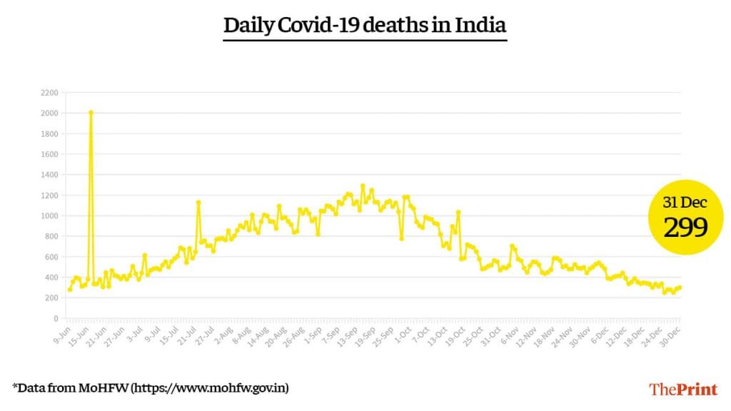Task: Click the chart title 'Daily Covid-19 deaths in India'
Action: (365, 26)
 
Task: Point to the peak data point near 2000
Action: (91, 113)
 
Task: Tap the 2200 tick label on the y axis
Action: (49, 93)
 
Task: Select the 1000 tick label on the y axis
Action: (49, 215)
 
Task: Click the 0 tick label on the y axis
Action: (55, 318)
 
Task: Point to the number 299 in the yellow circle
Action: (686, 228)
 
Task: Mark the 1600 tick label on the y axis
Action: (49, 154)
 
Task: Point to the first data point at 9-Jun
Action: (69, 289)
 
